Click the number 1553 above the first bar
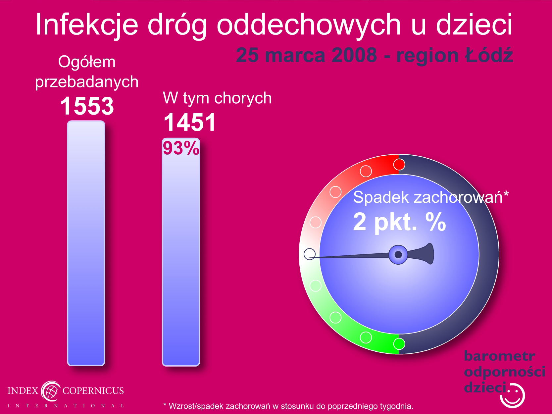[x=87, y=106]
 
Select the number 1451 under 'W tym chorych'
[x=190, y=122]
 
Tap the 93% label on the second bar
[x=181, y=148]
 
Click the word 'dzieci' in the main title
[x=474, y=25]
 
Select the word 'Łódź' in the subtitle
[x=489, y=55]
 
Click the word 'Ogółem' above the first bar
[x=87, y=62]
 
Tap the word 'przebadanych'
[x=87, y=82]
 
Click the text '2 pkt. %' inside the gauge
[x=399, y=222]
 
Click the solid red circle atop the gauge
[x=399, y=165]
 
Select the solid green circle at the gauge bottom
[x=399, y=344]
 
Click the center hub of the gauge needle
[x=398, y=255]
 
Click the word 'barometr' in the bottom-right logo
[x=499, y=356]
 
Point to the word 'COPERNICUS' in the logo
[x=93, y=390]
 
